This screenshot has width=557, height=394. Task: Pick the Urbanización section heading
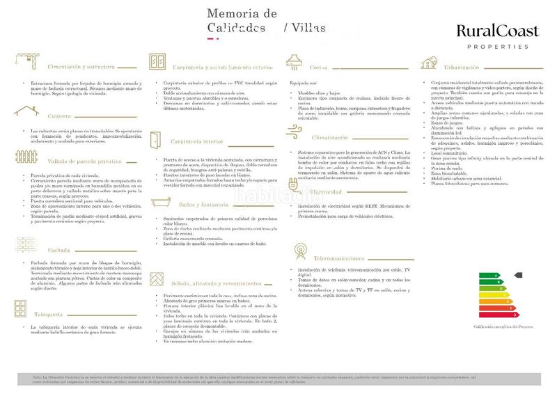464,68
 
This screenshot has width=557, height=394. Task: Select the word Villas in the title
307,28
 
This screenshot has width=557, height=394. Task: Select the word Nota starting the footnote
37,377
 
